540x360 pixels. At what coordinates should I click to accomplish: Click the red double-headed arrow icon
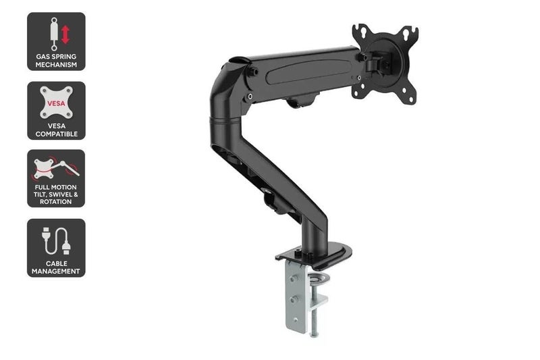65,35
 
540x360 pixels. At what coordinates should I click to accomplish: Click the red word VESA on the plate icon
56,102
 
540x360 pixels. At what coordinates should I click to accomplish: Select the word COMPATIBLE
56,134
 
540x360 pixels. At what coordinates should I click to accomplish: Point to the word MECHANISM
56,65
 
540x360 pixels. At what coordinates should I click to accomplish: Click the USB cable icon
56,240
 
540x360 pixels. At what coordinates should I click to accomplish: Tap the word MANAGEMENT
56,272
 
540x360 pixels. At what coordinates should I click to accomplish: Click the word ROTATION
56,201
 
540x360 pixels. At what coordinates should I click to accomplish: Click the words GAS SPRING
56,57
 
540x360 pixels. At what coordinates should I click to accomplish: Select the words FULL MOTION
56,186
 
